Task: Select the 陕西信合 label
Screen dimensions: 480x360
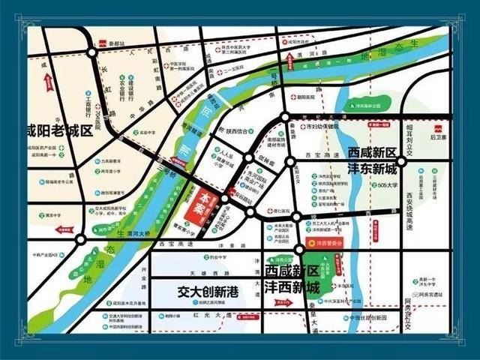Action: pyautogui.click(x=241, y=130)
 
